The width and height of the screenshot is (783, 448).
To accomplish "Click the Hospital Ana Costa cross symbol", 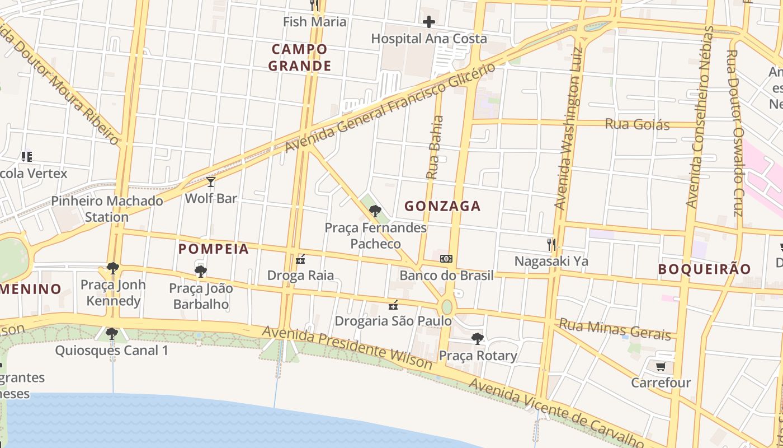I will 429,22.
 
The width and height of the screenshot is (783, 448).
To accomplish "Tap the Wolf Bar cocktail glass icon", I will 211,182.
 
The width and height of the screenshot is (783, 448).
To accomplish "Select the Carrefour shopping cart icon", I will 661,367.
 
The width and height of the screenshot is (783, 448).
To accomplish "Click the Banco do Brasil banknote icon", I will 446,259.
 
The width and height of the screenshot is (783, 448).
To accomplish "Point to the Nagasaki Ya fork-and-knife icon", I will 551,244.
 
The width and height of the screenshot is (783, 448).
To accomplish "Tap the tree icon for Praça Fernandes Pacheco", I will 375,211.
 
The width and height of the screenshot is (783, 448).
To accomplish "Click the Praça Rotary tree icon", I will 477,338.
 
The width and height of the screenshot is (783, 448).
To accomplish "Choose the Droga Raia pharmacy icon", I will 300,259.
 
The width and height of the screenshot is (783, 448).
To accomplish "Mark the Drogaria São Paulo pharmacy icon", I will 393,305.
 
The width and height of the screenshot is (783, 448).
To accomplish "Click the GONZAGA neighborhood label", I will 442,206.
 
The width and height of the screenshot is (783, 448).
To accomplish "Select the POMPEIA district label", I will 214,249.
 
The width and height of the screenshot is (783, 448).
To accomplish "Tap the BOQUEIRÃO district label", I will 704,269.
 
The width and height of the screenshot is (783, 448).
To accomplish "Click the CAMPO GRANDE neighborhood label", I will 300,58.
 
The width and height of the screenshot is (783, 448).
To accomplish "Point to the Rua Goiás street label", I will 637,124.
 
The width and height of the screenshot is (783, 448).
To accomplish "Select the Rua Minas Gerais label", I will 615,329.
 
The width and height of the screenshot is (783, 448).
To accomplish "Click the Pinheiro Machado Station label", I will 107,209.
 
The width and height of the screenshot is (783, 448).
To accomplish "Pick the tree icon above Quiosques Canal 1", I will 112,334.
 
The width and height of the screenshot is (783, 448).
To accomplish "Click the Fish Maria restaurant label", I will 315,22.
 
